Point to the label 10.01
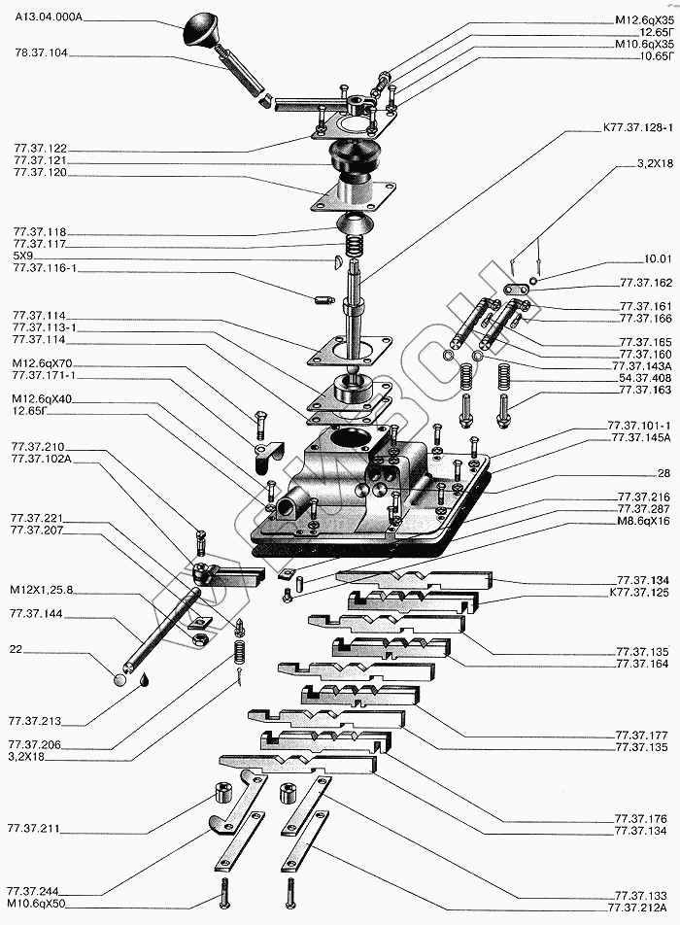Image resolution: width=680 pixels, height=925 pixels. (656, 259)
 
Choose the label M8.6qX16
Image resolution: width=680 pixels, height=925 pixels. (644, 521)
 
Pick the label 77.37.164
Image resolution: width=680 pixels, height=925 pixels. (642, 664)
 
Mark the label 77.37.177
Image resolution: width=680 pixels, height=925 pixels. (643, 736)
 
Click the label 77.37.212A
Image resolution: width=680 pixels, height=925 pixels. (639, 908)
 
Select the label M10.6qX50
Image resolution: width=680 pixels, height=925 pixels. (37, 903)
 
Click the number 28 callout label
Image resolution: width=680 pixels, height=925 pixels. (663, 472)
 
